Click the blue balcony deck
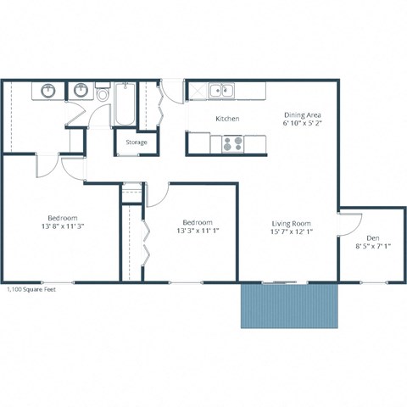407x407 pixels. [x=290, y=305]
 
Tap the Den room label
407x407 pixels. [x=372, y=238]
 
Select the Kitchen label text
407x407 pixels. [x=226, y=119]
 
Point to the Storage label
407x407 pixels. [x=137, y=142]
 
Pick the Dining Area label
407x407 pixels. [x=302, y=114]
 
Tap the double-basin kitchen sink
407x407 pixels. [x=222, y=88]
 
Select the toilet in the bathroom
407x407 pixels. [x=103, y=94]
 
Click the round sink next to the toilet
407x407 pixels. [x=82, y=90]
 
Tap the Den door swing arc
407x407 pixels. [x=347, y=223]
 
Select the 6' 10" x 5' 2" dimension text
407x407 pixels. [x=302, y=125]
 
